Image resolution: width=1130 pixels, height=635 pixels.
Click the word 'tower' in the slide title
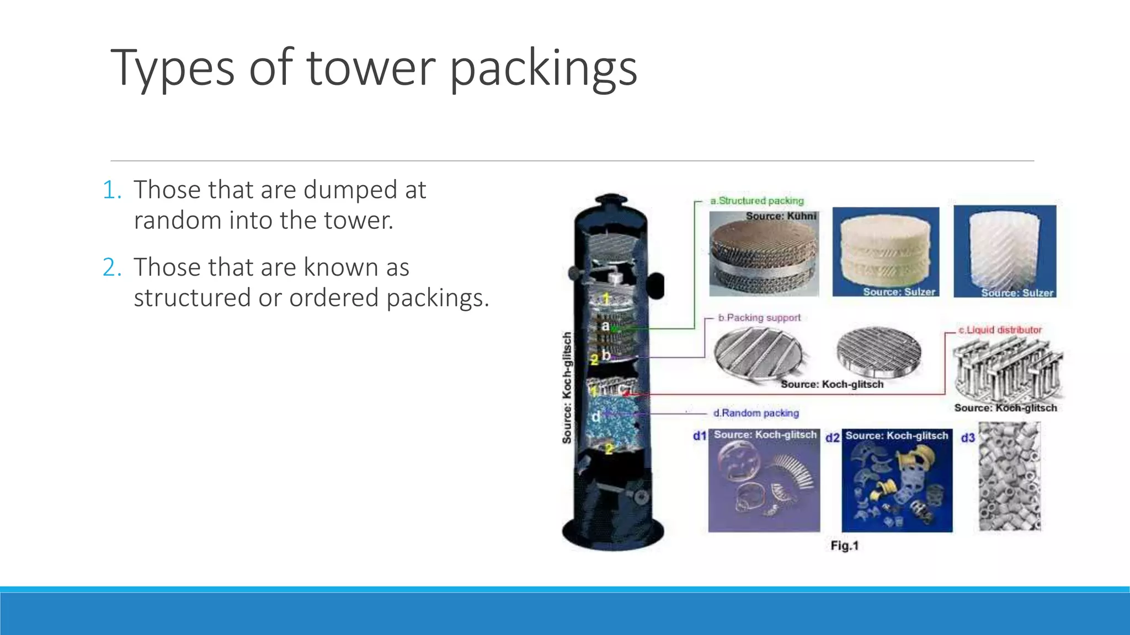371,68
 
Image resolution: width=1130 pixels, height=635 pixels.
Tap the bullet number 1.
111,190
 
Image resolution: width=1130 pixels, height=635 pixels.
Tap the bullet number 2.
111,268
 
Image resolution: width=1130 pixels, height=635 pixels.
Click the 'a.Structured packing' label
756,201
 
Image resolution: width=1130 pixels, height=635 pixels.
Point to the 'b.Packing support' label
759,318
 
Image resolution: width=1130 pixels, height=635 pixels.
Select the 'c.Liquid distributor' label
1000,330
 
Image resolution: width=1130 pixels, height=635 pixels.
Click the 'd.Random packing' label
755,413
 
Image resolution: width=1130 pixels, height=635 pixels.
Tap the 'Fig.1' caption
844,546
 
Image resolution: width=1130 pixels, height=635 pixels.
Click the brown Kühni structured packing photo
764,255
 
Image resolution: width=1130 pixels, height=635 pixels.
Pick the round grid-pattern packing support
878,353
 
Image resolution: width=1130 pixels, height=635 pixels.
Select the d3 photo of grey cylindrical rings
1009,477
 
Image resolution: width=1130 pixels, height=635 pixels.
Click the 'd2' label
832,438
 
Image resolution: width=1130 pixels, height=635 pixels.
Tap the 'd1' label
699,436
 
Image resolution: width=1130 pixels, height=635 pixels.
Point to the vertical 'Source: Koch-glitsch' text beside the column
567,388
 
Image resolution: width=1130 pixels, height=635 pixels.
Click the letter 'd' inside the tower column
596,417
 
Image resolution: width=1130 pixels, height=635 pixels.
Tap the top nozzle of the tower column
611,200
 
